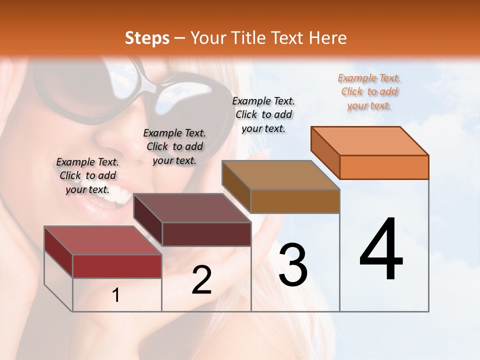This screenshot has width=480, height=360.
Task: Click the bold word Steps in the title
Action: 147,38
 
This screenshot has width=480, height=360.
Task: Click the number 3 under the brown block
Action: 293,265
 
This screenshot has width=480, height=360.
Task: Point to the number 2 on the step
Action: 201,280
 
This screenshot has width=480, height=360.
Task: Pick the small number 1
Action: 116,295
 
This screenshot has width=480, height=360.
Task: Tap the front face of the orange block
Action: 384,167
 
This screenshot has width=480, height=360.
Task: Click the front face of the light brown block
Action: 295,201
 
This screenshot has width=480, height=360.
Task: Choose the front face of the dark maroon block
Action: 206,234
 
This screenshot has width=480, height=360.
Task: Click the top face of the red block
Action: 103,240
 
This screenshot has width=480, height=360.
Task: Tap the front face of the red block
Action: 117,266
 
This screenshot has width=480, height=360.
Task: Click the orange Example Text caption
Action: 369,92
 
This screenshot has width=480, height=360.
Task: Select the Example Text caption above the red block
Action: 87,176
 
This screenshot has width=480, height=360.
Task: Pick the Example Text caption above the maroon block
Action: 174,147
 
